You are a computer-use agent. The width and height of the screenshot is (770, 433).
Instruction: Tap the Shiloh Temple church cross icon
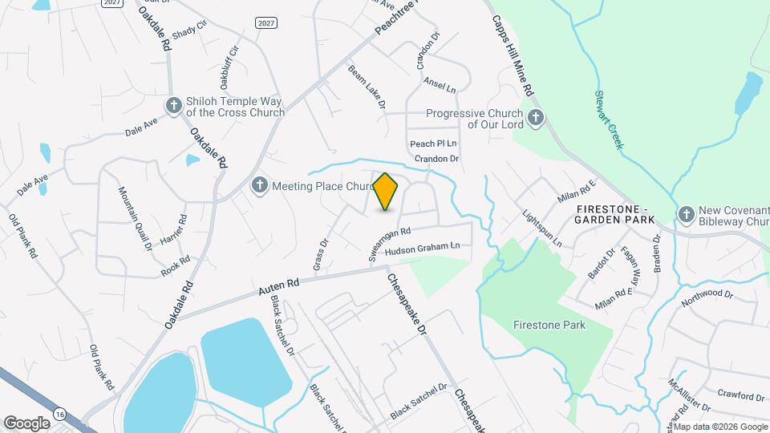coord(173,105)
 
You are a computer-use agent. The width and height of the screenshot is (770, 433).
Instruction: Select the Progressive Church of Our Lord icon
coord(537,119)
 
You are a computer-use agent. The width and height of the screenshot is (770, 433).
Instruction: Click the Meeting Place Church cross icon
coord(259,186)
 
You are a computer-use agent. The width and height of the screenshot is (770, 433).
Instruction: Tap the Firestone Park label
coord(549,326)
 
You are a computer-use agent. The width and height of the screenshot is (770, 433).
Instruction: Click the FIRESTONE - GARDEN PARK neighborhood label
coord(615,213)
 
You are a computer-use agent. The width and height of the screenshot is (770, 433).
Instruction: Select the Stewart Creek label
coord(608,119)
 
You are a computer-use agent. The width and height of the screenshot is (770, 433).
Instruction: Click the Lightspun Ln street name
coord(542,229)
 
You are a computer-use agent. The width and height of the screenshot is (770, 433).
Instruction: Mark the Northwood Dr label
coord(707,298)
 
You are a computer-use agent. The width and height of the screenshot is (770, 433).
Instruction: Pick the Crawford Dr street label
coord(740,395)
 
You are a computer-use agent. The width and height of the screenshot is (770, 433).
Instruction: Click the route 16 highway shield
coord(59,412)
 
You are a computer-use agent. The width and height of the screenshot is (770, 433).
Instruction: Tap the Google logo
coord(26,423)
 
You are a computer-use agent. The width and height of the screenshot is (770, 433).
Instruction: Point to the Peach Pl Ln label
coord(433,144)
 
